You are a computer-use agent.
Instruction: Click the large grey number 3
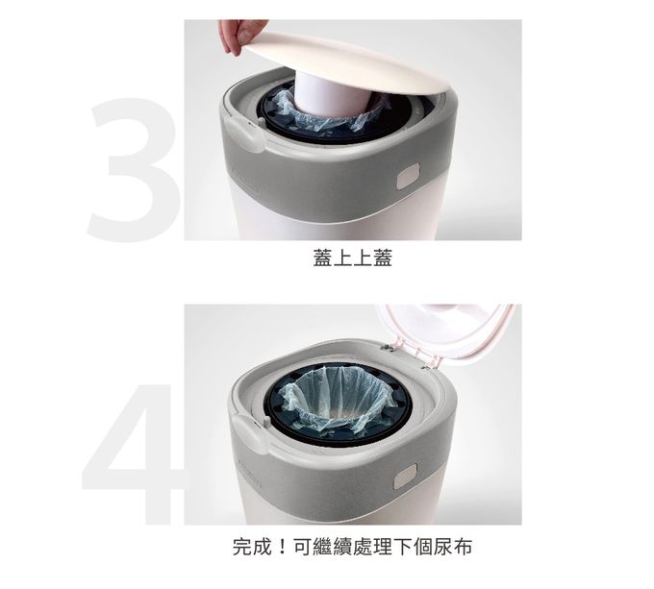point(135,169)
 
